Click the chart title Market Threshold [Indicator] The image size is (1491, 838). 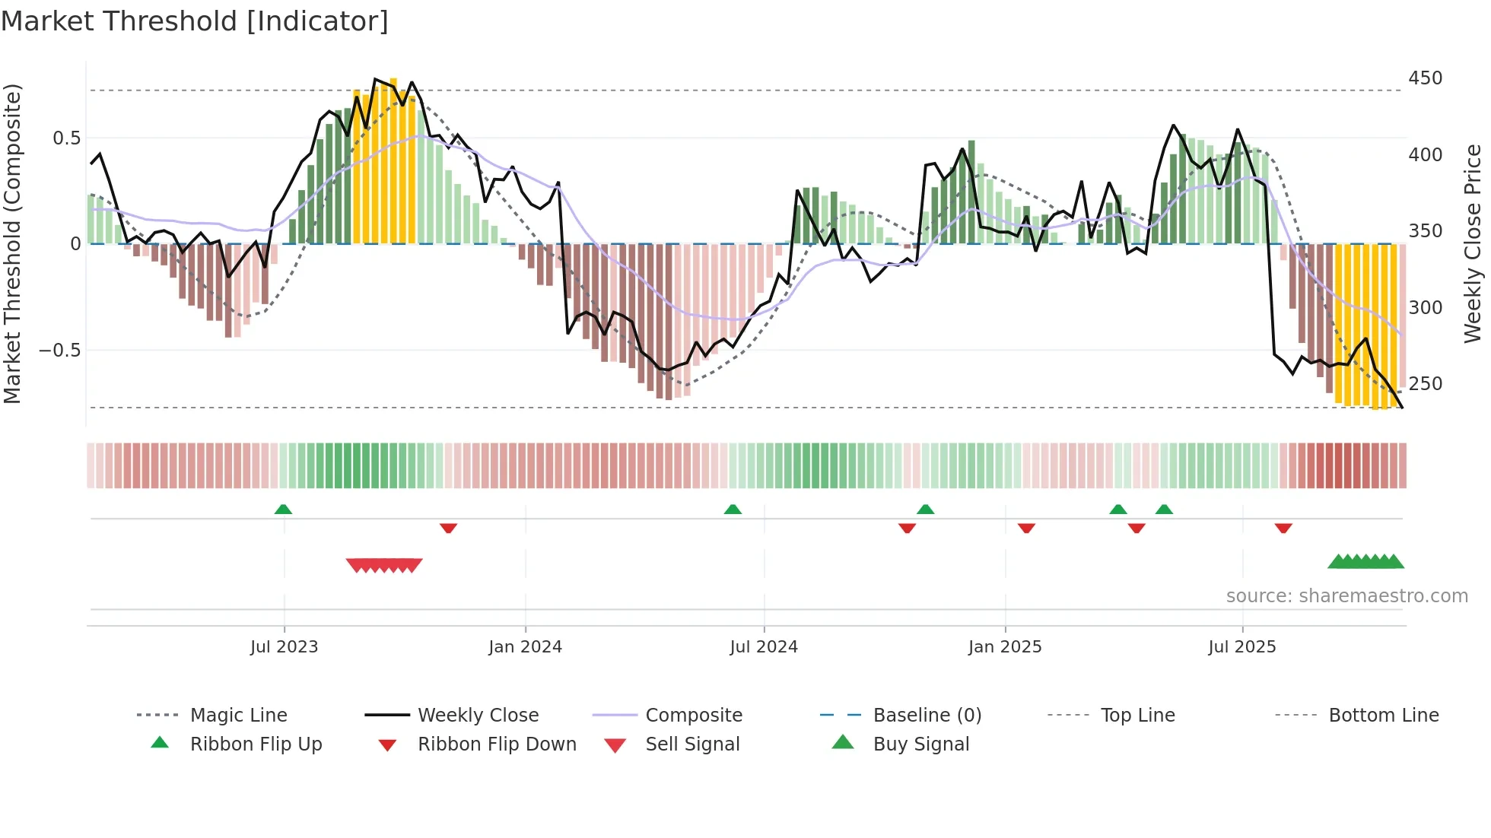(195, 21)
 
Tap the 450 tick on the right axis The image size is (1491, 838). (1425, 78)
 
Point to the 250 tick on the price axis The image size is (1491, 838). (1425, 384)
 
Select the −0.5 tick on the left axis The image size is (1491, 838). (59, 351)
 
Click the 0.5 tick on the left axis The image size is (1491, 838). (66, 138)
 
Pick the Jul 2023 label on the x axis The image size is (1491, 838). (284, 647)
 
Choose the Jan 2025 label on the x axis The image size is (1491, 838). (1004, 647)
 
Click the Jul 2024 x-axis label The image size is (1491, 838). (763, 647)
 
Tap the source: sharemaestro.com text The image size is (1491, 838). (1346, 596)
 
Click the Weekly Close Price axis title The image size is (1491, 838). (1473, 243)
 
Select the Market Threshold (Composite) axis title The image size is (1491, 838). (12, 243)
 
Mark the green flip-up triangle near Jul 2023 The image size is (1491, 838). (283, 509)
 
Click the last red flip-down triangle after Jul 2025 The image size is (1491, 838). (1283, 528)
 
